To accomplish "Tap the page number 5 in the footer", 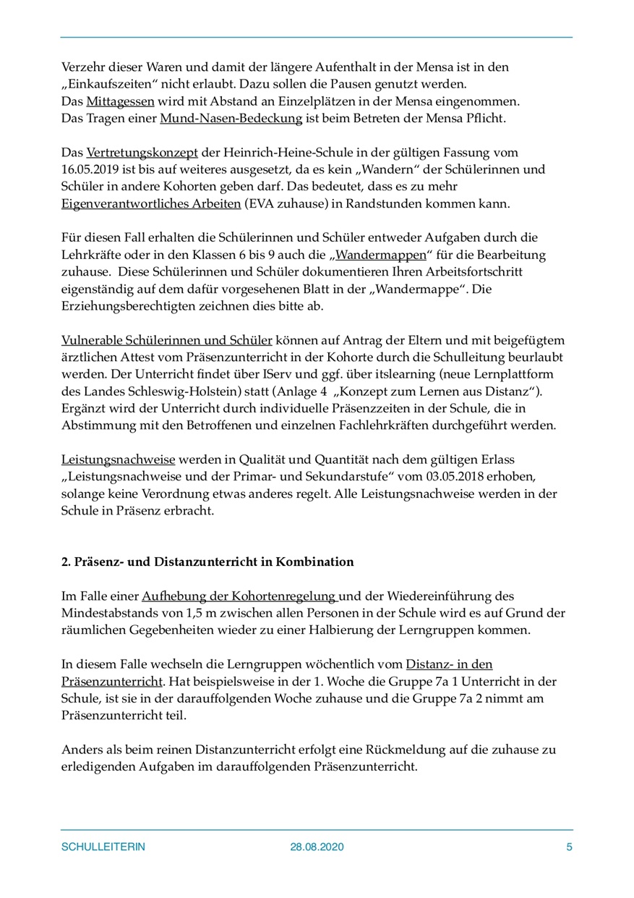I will coord(569,847).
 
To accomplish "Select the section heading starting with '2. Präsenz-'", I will coord(207,562).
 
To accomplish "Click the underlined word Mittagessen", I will coord(120,101).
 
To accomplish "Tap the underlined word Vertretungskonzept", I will coord(134,153).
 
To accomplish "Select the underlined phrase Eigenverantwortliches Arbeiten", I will coord(151,204).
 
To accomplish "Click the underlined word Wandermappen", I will coord(380,255).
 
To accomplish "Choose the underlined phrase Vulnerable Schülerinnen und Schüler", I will coord(167,340).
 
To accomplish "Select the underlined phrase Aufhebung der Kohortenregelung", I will coord(239,597).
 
